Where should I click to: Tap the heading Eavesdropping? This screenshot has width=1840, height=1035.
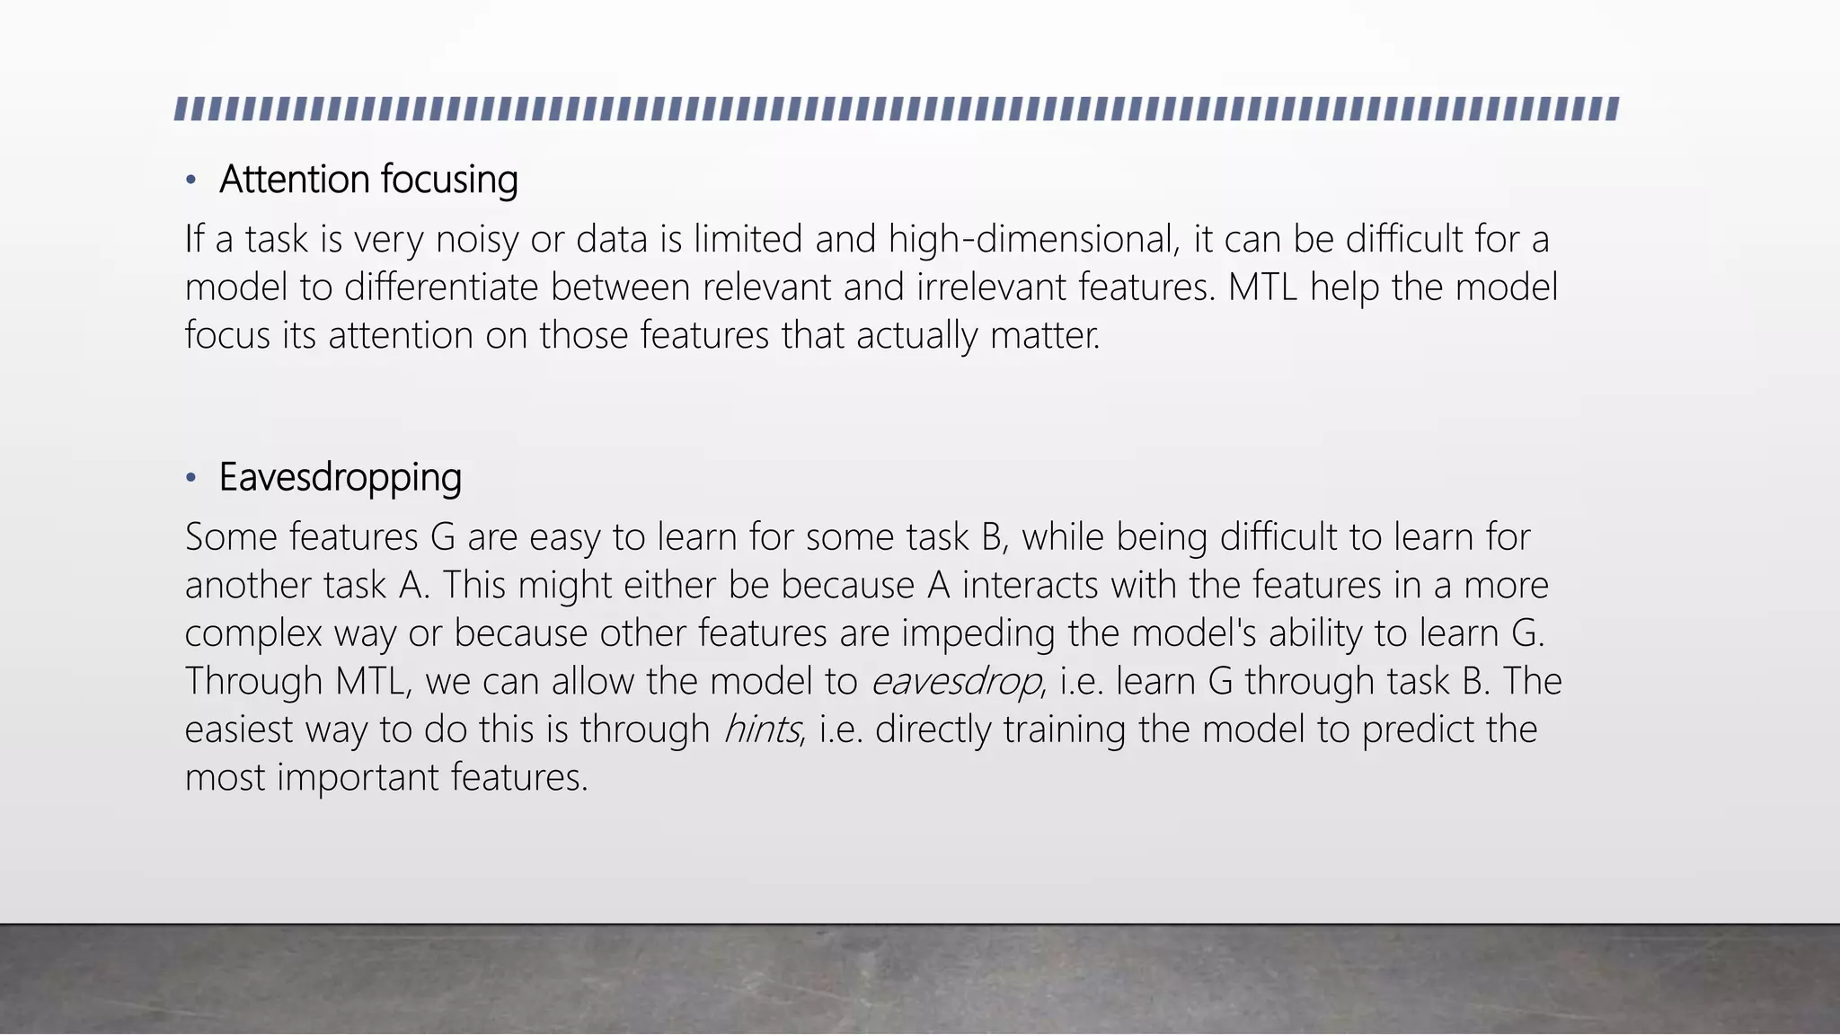(341, 478)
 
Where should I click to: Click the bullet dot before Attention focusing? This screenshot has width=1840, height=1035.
(190, 181)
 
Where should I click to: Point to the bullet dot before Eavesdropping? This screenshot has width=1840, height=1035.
(190, 478)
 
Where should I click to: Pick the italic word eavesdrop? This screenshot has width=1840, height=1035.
(956, 682)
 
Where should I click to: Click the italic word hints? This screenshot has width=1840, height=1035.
(761, 730)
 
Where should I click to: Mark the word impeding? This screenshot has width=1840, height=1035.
(978, 634)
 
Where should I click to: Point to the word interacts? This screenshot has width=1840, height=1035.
(1031, 586)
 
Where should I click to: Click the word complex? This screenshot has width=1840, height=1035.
(253, 634)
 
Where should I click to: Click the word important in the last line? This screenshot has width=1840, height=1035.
(358, 778)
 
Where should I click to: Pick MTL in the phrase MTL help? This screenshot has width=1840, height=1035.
(1262, 287)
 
